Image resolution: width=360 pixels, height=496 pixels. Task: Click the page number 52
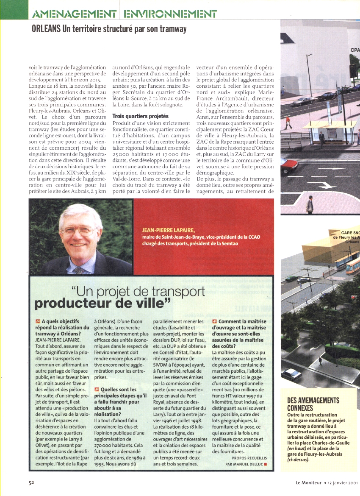[31, 482]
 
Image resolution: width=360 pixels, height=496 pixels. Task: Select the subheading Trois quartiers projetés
[140, 116]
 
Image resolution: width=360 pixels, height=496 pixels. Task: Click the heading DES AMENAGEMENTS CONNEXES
[313, 404]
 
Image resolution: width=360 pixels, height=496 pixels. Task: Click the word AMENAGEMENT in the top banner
[75, 13]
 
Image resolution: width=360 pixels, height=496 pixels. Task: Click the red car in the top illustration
[289, 165]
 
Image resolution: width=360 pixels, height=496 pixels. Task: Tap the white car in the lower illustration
[292, 374]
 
